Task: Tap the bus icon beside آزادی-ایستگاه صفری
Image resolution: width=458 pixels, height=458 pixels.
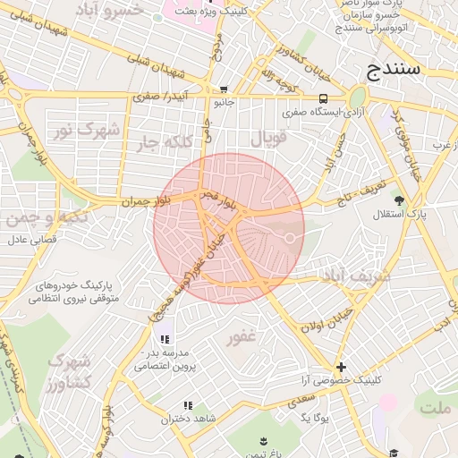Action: click(321, 98)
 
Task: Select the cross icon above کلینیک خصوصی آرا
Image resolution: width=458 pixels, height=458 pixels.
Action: click(341, 367)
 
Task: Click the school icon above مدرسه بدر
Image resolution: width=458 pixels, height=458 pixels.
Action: click(165, 340)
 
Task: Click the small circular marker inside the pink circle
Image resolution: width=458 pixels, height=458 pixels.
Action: click(290, 237)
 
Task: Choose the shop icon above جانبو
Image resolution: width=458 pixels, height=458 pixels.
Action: click(223, 89)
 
